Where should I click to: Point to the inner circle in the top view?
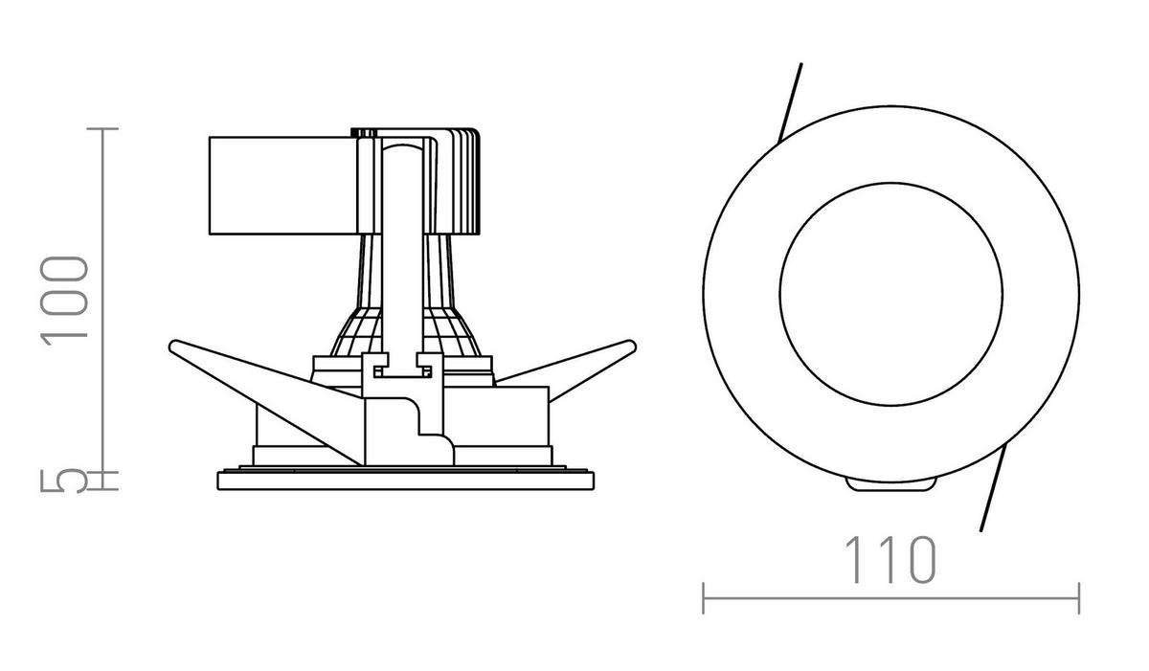coord(890,288)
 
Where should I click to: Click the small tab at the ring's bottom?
coord(890,485)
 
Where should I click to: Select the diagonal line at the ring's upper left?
coord(791,101)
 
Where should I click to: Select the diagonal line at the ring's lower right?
coord(993,491)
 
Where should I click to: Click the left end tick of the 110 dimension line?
coord(704,597)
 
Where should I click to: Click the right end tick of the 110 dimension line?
coord(1079,597)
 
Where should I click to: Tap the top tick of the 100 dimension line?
coord(103,128)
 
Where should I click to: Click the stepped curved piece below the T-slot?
coord(426,431)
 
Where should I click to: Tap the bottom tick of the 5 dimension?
coord(103,489)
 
